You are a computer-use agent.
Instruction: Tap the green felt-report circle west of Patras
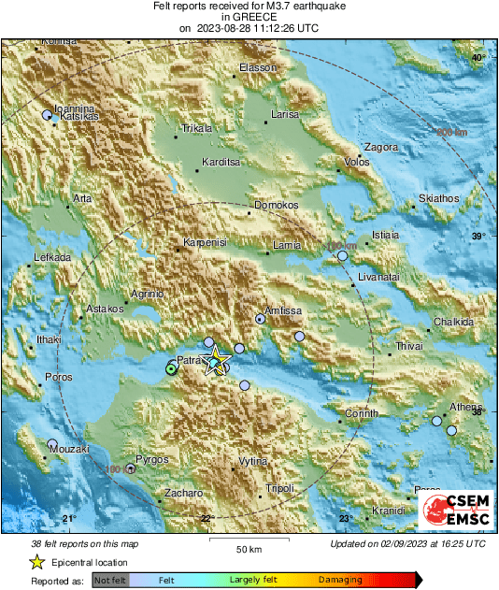[171, 369]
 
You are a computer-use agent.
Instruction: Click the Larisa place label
[283, 114]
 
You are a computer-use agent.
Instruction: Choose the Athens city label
[465, 407]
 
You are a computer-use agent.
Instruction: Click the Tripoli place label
[280, 489]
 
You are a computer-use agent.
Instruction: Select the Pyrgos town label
[151, 460]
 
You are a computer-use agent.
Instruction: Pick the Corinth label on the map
[363, 412]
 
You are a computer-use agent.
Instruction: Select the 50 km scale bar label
[248, 548]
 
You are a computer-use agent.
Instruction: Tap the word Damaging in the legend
[340, 580]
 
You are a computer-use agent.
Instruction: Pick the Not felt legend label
[109, 580]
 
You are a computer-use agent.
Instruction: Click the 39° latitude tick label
[478, 236]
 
